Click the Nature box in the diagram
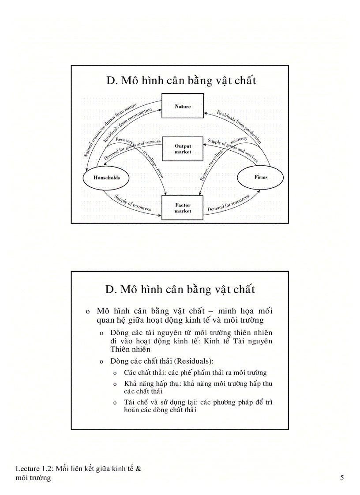183,106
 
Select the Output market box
183,149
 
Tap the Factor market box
183,208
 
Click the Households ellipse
106,178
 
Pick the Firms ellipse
260,177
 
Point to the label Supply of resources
132,203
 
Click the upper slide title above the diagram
181,81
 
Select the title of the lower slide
180,290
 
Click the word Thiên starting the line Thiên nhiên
121,349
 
